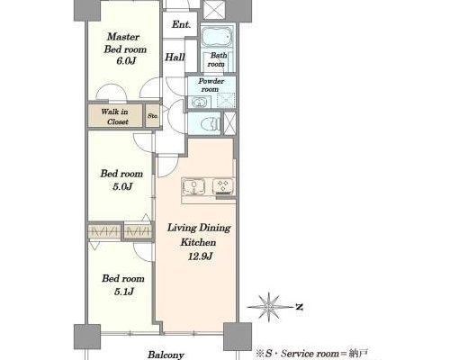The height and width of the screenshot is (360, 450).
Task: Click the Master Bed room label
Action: pos(125,43)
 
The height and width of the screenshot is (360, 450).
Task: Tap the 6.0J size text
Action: pos(126,61)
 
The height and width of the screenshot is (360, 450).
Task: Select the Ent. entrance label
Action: pos(181,24)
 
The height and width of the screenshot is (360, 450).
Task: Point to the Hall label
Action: pos(175,57)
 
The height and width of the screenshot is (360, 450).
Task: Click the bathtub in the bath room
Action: pos(217,37)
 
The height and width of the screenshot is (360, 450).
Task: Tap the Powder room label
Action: pos(211,85)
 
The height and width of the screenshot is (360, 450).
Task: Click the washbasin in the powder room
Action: pos(198,103)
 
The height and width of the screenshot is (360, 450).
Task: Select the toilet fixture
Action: pos(210,123)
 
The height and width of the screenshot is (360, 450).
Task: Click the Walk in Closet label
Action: pos(114,116)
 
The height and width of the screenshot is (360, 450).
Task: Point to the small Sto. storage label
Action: pos(153,115)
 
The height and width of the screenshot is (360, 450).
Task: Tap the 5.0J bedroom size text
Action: pos(122,186)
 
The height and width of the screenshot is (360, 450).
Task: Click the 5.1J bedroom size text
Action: pos(124,292)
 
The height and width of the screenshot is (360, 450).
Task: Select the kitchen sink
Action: pos(193,186)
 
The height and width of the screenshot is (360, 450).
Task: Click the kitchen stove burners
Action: pos(223,185)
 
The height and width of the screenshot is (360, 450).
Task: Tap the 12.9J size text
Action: pos(200,256)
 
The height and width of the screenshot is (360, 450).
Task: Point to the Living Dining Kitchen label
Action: pos(199,235)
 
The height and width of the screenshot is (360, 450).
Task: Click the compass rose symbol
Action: pos(268,307)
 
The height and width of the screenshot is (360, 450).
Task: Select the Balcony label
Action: pos(166,355)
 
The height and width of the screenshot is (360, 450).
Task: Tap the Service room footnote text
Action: pos(312,354)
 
